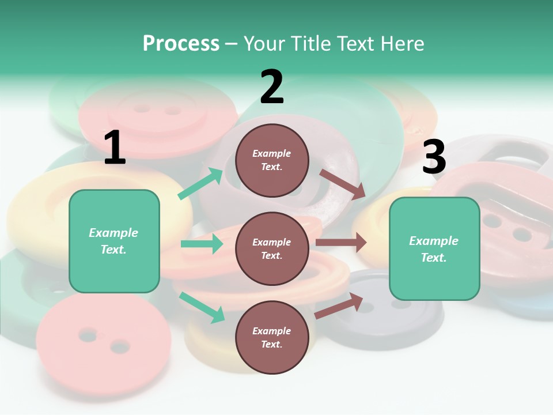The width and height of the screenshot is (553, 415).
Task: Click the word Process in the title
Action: [x=181, y=44]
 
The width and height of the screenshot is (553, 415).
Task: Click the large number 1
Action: [x=115, y=148]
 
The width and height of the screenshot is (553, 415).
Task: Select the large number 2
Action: [x=272, y=87]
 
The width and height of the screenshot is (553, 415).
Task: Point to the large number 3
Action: [x=434, y=157]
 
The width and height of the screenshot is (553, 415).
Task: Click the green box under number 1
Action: [x=114, y=241]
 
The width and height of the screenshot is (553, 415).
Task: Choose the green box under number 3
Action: [x=434, y=249]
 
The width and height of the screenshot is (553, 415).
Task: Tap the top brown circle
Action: [x=272, y=160]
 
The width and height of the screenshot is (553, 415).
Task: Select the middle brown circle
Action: [x=272, y=248]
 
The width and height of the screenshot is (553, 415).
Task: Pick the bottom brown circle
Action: [x=272, y=337]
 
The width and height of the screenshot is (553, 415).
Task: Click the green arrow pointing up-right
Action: [x=200, y=184]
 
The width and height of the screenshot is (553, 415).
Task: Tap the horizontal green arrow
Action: [x=202, y=244]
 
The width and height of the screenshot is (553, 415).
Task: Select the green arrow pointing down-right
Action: [x=202, y=307]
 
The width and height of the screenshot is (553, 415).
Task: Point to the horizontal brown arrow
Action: [x=341, y=243]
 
